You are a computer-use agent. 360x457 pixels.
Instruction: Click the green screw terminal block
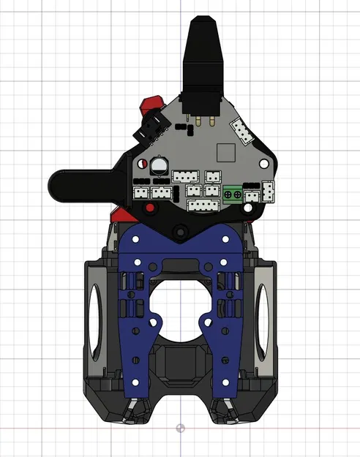[x=234, y=194]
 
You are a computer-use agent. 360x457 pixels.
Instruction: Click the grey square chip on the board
[x=226, y=153]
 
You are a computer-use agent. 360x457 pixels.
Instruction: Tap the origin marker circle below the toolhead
[x=181, y=428]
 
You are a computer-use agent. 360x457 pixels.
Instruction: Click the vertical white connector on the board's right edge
[x=269, y=191]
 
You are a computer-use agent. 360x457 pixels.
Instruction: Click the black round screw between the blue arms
[x=179, y=233]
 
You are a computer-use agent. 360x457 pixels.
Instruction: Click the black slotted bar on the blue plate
[x=180, y=264]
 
